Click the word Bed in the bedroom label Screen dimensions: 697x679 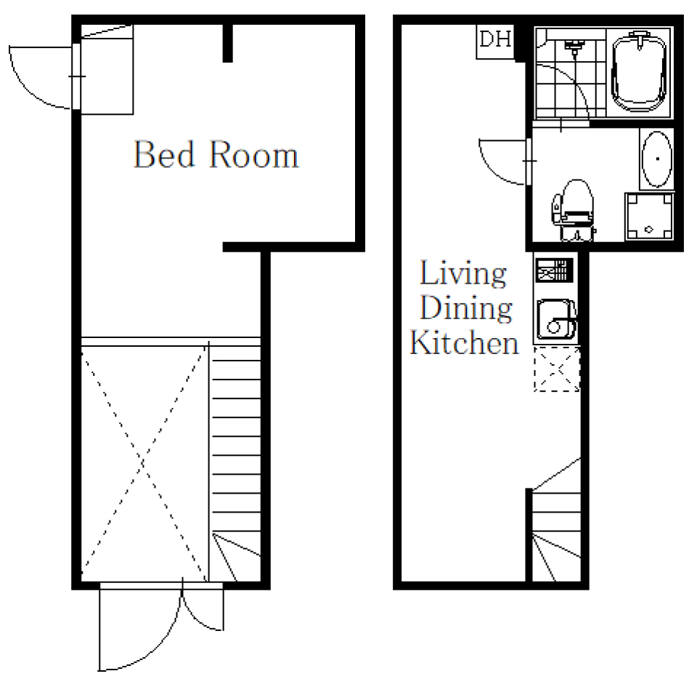point(164,154)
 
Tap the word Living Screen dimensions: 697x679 point(463,273)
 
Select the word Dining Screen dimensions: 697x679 point(466,308)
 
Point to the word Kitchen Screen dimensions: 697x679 point(464,342)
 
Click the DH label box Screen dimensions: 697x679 point(495,41)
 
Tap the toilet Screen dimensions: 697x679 point(574,209)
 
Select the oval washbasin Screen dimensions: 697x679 point(656,159)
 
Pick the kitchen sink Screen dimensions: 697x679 point(556,319)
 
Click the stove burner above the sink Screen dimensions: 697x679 point(553,270)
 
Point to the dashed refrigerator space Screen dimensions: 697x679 point(557,369)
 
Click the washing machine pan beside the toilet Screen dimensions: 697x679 point(649,216)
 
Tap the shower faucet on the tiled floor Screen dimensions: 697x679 point(574,46)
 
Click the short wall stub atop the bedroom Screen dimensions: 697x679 point(227,43)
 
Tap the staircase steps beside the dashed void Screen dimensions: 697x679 point(235,463)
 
